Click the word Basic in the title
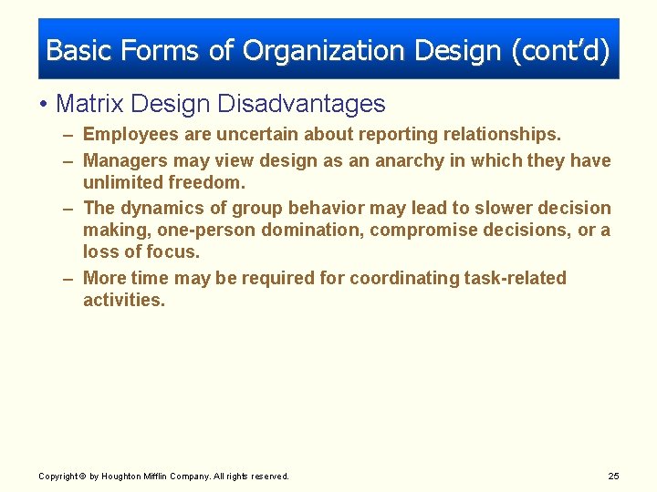[x=76, y=50]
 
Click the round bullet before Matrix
[x=45, y=105]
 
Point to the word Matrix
[x=85, y=104]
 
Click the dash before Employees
[x=69, y=135]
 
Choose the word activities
[x=123, y=301]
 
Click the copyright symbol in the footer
[x=83, y=477]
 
